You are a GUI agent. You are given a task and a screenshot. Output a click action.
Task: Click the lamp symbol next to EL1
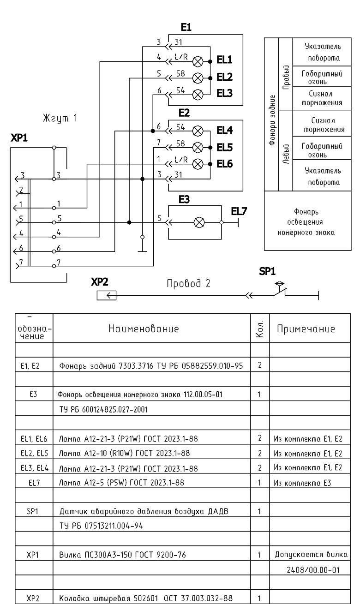tap(198, 61)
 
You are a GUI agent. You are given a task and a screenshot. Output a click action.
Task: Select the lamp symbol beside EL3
tap(198, 95)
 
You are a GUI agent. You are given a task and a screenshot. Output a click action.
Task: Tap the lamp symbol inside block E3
tap(199, 222)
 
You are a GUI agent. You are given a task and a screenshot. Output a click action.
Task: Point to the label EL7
tap(239, 211)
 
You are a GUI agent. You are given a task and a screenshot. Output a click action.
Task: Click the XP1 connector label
tap(19, 138)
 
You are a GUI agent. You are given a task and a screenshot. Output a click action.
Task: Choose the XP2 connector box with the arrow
tap(107, 295)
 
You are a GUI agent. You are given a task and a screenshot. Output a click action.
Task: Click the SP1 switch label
tap(267, 271)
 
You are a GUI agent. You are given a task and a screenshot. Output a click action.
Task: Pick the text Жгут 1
tap(60, 118)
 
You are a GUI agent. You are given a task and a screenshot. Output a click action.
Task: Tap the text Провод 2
tap(188, 283)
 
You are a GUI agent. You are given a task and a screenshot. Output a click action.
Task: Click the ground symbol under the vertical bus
tap(142, 251)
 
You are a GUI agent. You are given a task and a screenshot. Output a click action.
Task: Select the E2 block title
tap(184, 113)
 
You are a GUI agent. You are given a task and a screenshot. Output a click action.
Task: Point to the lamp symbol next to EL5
tap(198, 148)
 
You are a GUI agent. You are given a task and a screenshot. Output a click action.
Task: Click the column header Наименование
tap(144, 329)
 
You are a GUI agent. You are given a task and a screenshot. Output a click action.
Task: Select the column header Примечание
tap(306, 329)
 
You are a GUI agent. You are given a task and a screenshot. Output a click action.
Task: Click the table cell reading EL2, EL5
tap(35, 453)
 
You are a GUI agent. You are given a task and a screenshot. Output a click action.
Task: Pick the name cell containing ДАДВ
tap(144, 511)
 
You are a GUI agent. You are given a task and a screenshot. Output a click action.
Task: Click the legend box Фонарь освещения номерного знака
tap(308, 221)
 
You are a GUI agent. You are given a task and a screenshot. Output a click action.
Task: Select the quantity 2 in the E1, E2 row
tap(260, 365)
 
